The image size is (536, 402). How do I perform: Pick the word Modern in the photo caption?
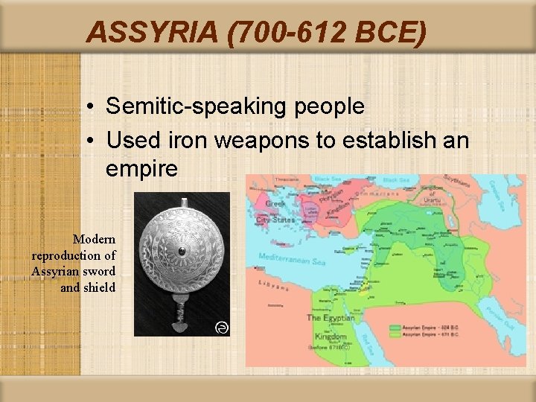pos(95,239)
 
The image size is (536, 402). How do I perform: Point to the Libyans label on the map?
pos(273,286)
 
